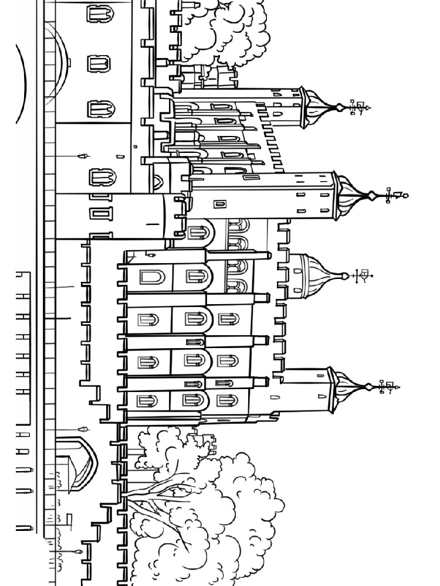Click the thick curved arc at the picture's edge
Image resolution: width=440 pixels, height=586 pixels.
tap(22, 82)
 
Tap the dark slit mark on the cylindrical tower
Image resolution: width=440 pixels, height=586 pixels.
tap(153, 224)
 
